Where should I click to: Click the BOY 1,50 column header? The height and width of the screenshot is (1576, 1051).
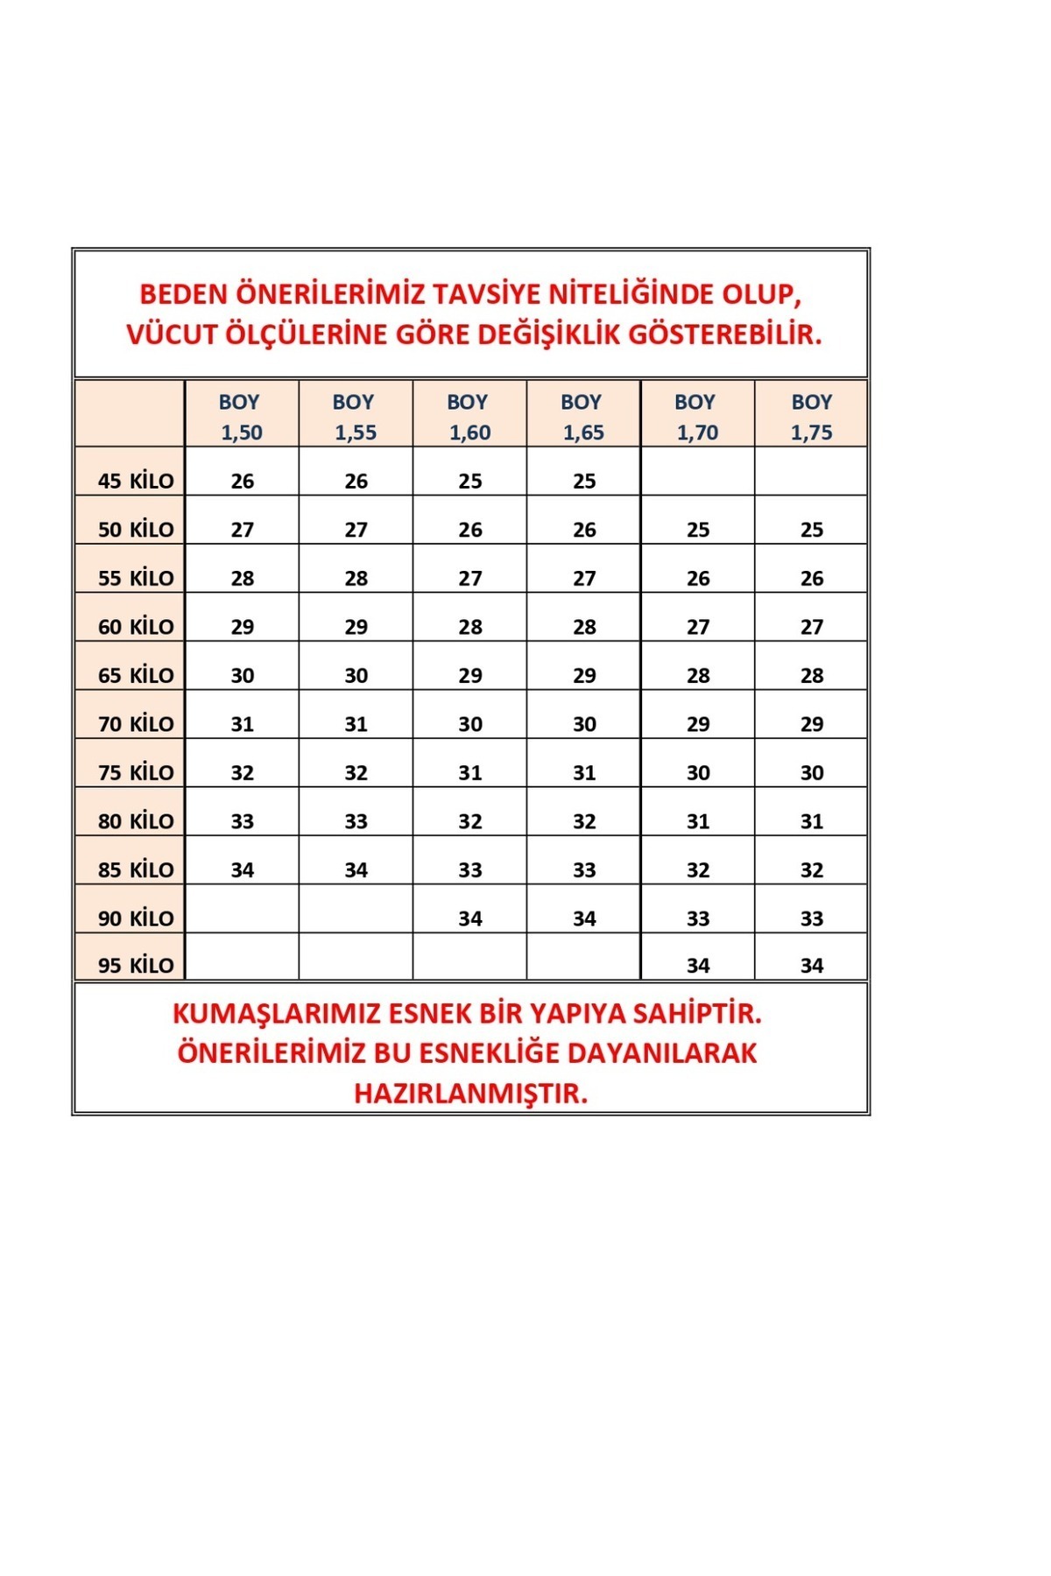coord(241,417)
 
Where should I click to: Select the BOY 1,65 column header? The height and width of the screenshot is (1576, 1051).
coord(582,417)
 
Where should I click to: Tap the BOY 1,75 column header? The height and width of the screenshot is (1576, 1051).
coord(811,417)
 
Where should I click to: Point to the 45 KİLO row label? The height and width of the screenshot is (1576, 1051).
coord(136,481)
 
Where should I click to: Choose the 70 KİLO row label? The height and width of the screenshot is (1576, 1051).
coord(136,724)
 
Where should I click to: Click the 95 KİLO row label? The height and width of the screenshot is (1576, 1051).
coord(136,965)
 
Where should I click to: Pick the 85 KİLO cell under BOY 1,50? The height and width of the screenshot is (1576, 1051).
coord(243,869)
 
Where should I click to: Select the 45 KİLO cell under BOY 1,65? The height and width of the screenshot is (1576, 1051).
coord(584,481)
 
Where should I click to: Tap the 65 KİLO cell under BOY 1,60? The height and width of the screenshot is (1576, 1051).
coord(470,675)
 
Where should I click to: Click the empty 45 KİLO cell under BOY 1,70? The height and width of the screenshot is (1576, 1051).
coord(698,473)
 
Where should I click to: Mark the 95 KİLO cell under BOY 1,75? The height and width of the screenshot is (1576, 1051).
coord(812,965)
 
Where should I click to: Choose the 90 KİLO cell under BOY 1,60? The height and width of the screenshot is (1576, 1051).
coord(470,918)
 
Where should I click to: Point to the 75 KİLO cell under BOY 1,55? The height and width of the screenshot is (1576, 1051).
coord(356,772)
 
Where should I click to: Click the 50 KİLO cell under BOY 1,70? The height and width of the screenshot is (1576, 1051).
coord(698,530)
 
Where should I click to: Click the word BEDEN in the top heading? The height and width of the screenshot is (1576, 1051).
coord(184,294)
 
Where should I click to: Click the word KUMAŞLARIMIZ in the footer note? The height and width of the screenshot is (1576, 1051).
coord(276,1013)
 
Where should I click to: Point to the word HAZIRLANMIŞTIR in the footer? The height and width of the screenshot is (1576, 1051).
coord(471,1093)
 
